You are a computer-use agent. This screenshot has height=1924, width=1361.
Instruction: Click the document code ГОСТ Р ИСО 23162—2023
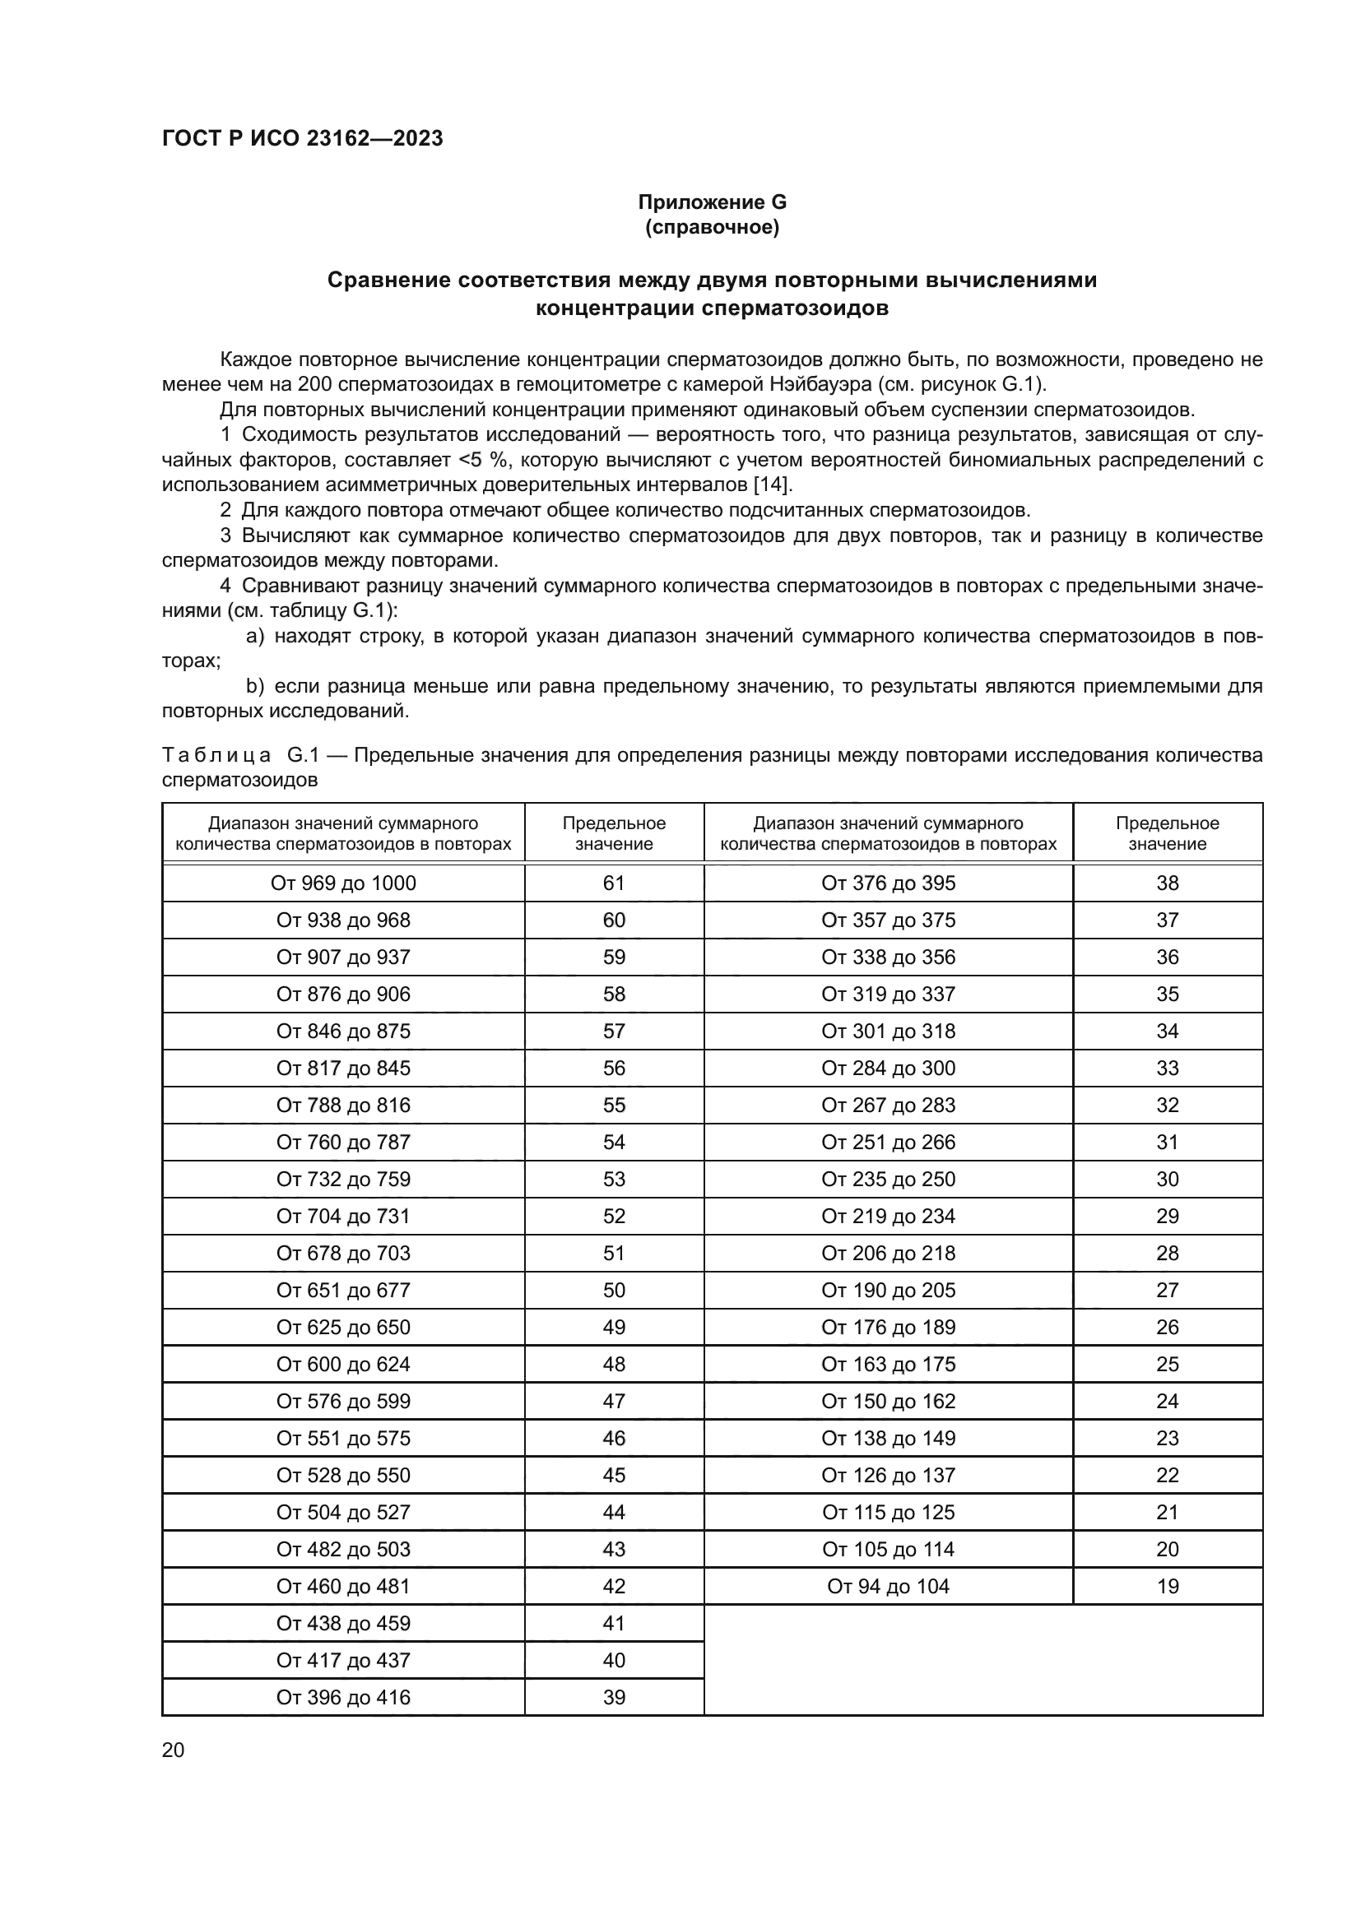[x=302, y=138]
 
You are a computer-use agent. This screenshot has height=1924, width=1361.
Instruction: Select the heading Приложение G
[x=712, y=202]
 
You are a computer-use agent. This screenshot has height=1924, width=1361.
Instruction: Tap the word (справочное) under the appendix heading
[x=712, y=227]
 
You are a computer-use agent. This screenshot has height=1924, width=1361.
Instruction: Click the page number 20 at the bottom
[x=173, y=1750]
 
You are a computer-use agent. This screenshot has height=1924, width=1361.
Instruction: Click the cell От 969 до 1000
[x=343, y=883]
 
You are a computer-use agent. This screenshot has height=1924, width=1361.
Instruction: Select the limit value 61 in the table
[x=614, y=883]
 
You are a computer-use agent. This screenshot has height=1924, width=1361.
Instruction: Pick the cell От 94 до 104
[x=888, y=1586]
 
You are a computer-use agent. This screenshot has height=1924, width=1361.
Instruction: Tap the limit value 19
[x=1167, y=1586]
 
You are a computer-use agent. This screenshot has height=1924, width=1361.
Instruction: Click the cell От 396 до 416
[x=343, y=1697]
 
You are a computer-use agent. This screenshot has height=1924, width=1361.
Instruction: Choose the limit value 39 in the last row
[x=614, y=1697]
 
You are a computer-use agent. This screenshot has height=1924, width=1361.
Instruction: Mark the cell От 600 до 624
[x=343, y=1364]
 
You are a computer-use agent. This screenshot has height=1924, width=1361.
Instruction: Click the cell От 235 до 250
[x=888, y=1179]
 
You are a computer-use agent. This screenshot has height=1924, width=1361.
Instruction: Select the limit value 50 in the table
[x=614, y=1290]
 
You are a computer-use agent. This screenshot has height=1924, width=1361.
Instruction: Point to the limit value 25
[x=1167, y=1364]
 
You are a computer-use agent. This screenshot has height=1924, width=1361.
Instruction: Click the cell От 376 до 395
[x=888, y=883]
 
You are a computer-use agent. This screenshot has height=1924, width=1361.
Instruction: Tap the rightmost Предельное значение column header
[x=1167, y=833]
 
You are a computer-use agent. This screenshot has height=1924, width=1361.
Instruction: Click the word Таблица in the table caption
[x=216, y=755]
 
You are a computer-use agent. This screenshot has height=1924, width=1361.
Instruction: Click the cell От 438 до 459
[x=343, y=1623]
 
